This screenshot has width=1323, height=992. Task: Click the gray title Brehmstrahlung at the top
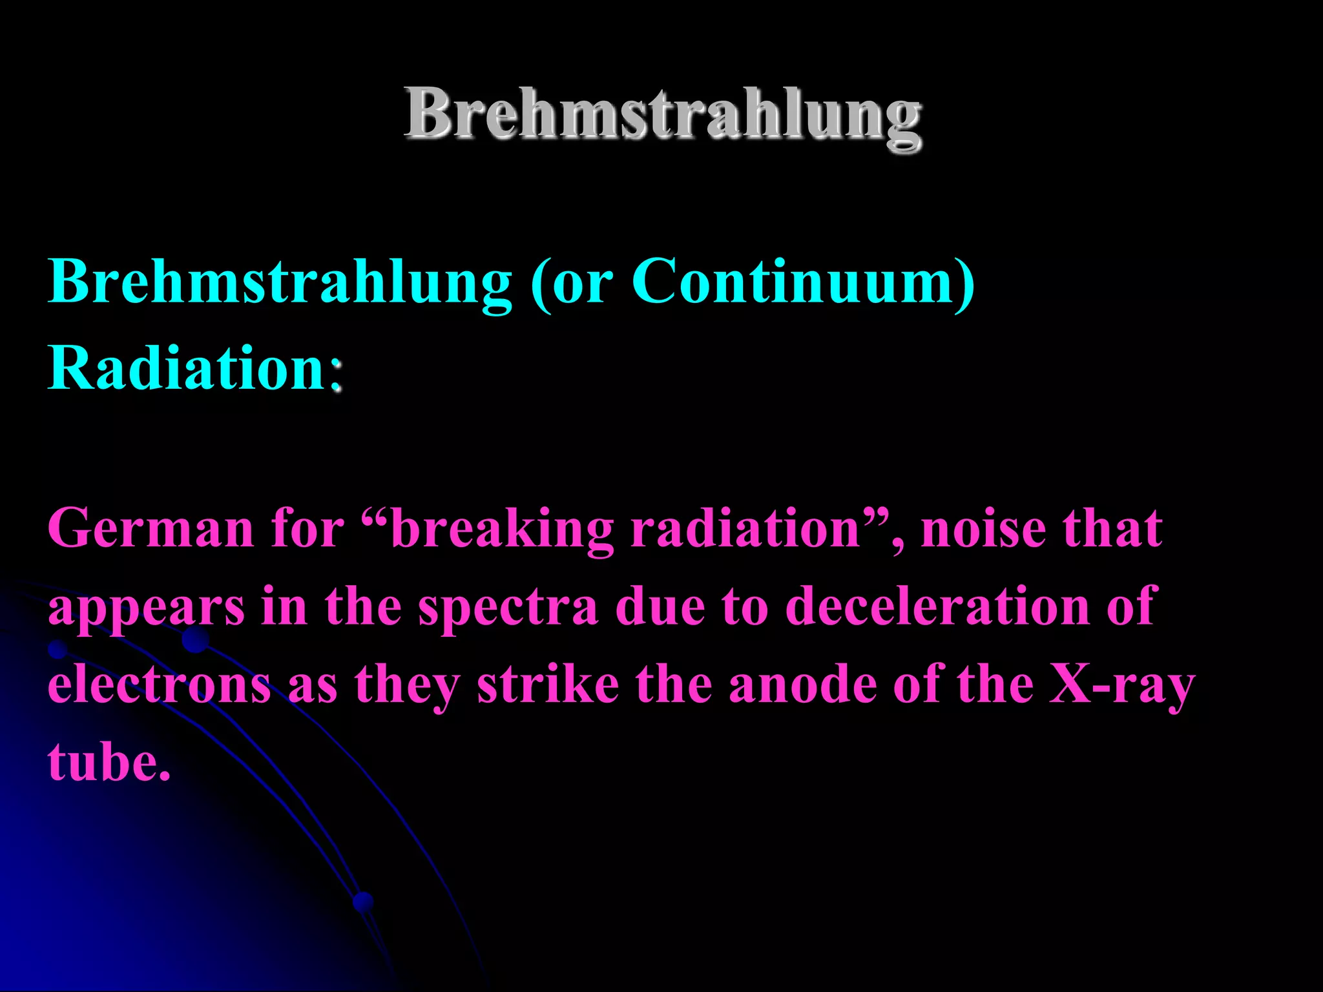[x=663, y=116]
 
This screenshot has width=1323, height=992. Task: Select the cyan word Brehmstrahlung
[x=280, y=282]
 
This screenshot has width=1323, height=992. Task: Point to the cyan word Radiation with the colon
[x=195, y=368]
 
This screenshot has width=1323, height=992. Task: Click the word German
[x=151, y=528]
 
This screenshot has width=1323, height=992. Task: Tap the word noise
[x=981, y=528]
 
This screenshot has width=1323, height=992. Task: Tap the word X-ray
[x=1121, y=686]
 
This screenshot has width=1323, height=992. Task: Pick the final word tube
[x=109, y=762]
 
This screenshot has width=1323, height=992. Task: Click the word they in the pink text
[x=407, y=686]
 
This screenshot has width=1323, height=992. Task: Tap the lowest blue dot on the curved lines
[x=364, y=901]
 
